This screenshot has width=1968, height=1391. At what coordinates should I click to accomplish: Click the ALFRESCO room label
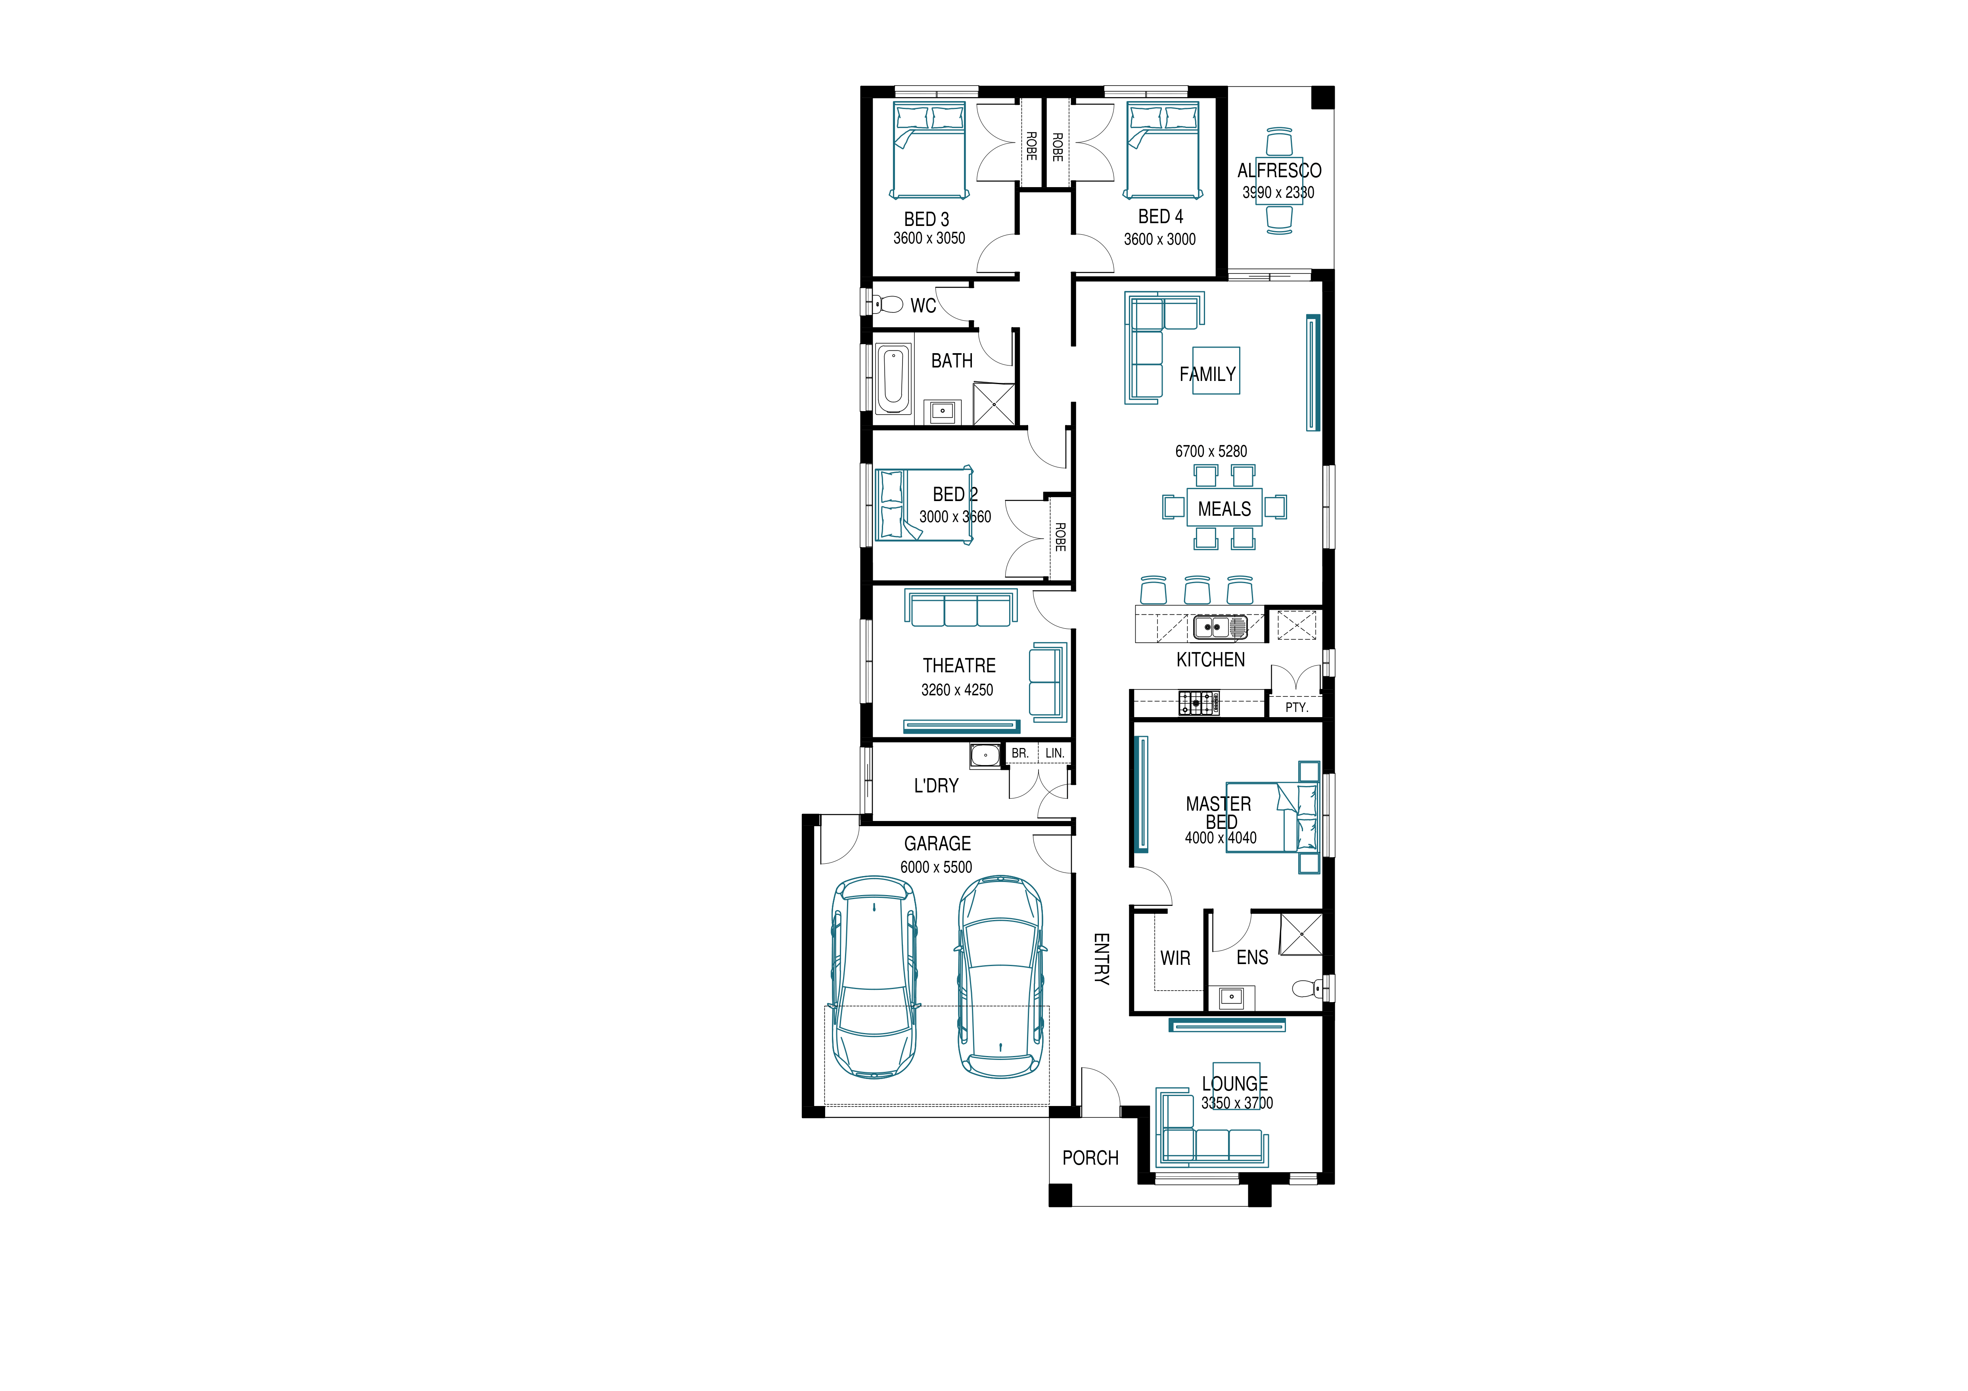pyautogui.click(x=1279, y=170)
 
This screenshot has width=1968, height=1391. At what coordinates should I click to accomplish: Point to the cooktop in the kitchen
pyautogui.click(x=1198, y=703)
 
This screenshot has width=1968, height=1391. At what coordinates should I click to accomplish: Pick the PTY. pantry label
pyautogui.click(x=1296, y=707)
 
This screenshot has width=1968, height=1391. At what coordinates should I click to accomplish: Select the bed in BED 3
pyautogui.click(x=929, y=151)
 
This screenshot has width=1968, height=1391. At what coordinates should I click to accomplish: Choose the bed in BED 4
pyautogui.click(x=1162, y=151)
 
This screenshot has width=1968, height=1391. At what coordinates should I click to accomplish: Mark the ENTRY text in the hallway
pyautogui.click(x=1102, y=959)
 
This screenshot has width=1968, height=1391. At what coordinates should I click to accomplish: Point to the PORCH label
pyautogui.click(x=1090, y=1158)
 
